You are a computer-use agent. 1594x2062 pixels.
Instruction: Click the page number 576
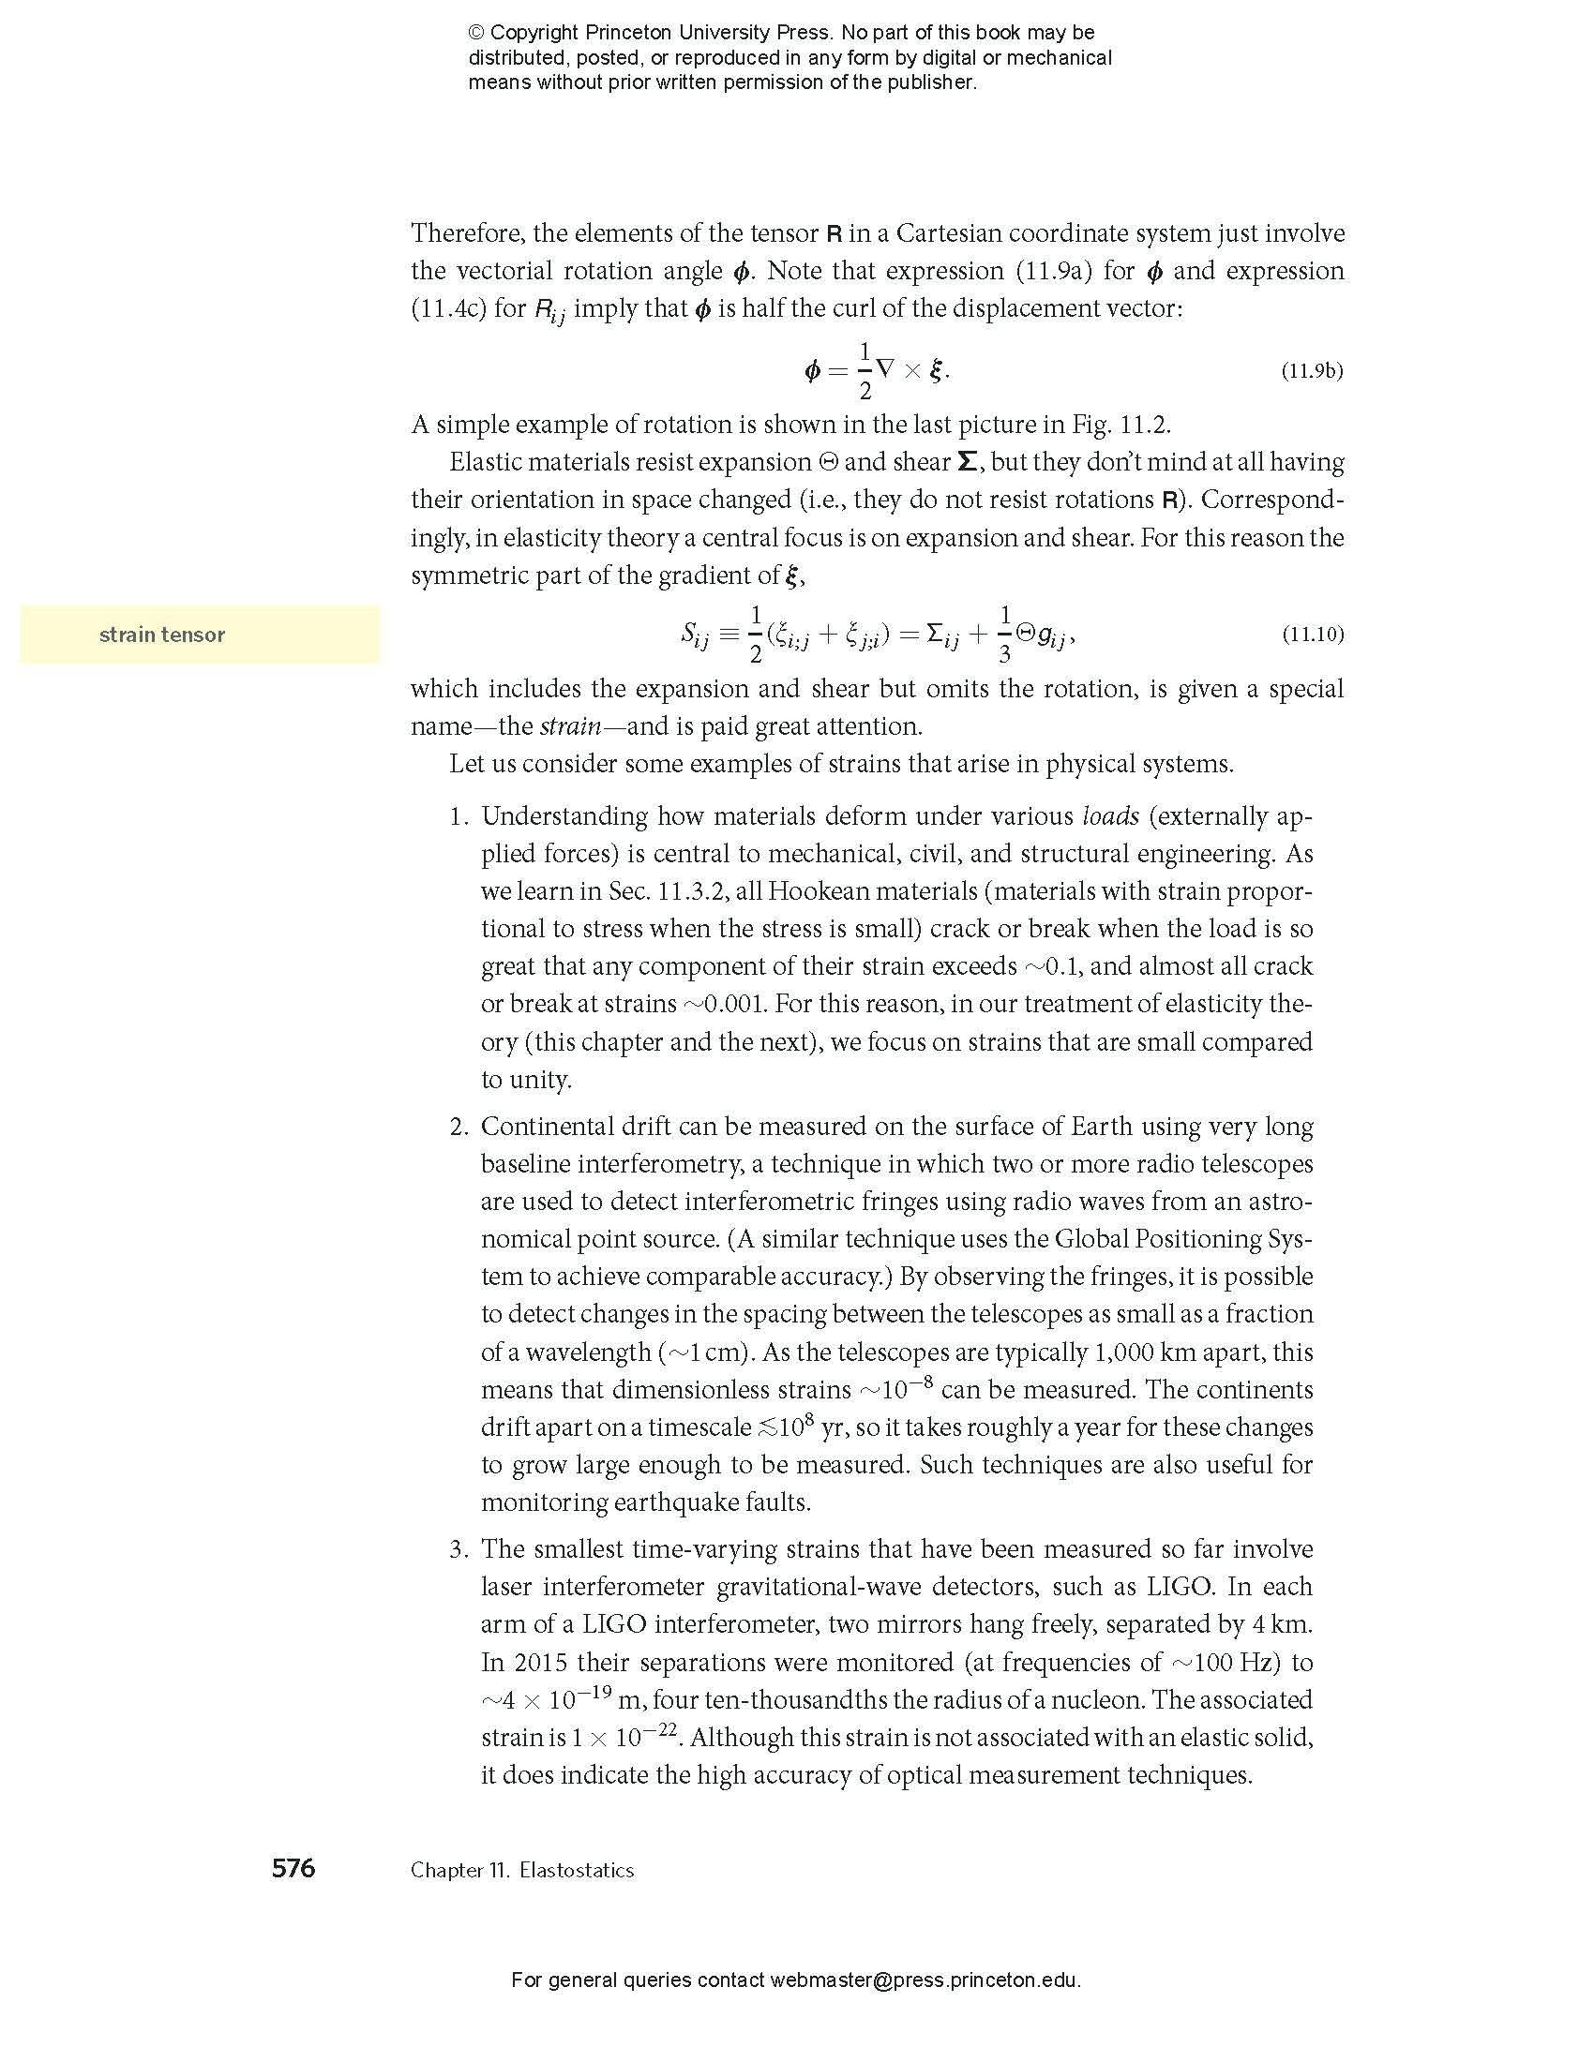tap(293, 1868)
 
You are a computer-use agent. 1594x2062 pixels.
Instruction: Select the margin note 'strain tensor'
tap(162, 635)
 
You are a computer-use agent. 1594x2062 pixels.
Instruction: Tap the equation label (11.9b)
tap(1312, 371)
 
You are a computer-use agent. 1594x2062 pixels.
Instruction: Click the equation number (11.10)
tap(1312, 635)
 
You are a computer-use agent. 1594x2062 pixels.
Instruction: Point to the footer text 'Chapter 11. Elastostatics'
tap(522, 1871)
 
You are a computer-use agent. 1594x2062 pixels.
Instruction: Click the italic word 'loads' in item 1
tap(1110, 815)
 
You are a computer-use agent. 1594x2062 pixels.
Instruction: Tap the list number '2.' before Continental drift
tap(459, 1127)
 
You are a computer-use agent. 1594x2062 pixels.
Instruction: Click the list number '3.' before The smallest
tap(459, 1549)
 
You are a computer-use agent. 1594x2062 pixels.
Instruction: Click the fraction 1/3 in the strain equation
tap(1005, 634)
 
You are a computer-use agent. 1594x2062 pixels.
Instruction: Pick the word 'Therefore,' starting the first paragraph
tap(459, 233)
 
